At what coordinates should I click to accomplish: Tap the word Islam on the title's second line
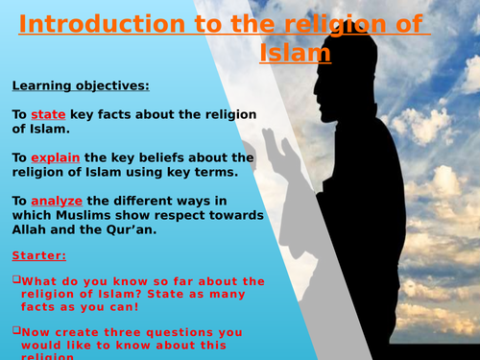pos(296,53)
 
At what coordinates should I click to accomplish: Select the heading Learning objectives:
pos(81,86)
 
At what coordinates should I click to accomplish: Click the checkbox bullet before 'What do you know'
pos(16,280)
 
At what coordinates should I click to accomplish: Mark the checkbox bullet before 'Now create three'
pos(16,329)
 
